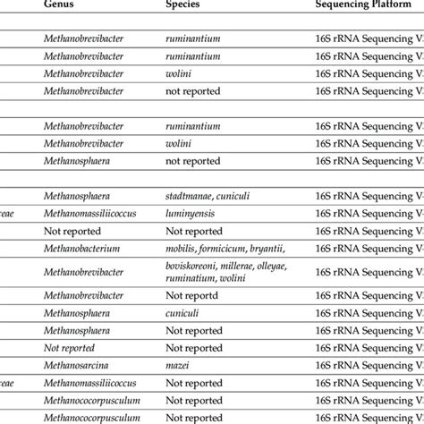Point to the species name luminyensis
(x=193, y=215)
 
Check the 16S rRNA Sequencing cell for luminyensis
(x=368, y=215)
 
